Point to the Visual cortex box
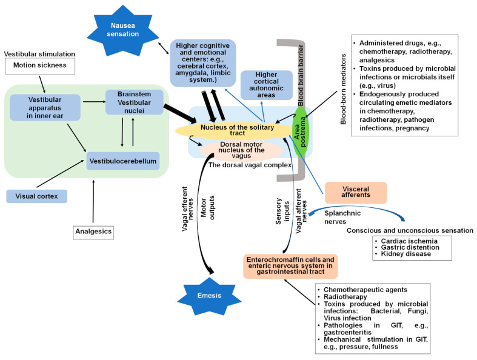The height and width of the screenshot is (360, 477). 36,196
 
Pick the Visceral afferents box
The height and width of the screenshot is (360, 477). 356,193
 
